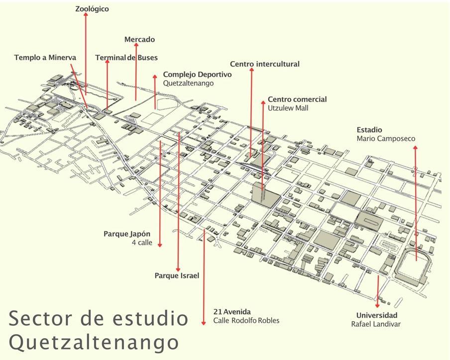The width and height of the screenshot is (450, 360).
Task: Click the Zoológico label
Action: click(92, 9)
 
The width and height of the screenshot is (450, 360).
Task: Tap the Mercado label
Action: click(139, 39)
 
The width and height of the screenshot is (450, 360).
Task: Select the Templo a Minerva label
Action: click(45, 58)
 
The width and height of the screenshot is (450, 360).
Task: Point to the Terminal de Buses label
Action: click(126, 58)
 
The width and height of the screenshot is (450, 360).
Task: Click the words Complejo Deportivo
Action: click(197, 74)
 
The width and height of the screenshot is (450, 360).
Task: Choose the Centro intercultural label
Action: click(264, 64)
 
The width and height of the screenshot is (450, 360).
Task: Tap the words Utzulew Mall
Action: click(288, 108)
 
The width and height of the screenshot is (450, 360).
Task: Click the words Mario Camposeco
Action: click(385, 139)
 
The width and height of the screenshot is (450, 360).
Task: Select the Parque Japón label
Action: click(127, 234)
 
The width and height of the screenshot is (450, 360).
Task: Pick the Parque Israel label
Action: click(177, 275)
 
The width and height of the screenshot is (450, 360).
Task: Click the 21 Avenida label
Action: click(231, 312)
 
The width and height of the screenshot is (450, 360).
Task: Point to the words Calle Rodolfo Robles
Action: click(246, 321)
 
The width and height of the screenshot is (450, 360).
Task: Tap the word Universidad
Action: click(376, 316)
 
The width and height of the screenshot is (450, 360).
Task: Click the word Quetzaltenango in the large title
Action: click(94, 342)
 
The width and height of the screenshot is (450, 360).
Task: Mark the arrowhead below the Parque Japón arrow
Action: click(160, 244)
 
